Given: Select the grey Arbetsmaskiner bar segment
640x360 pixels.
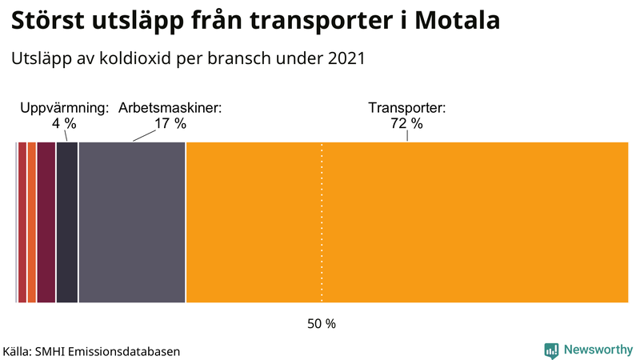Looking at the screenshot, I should coord(132,222).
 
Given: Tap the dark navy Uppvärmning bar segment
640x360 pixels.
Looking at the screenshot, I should coord(67,222).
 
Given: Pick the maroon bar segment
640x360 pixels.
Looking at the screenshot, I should coord(46,222).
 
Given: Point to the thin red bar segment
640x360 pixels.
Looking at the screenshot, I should coord(22,222).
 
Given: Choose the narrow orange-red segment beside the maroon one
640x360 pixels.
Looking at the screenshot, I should coord(32,222).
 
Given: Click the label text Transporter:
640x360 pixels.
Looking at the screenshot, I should coord(406,108).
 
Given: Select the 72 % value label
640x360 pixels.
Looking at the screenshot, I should coord(406,124).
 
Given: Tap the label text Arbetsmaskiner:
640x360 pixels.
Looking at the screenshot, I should coord(170,108).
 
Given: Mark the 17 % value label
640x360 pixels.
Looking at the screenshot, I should coord(170,124).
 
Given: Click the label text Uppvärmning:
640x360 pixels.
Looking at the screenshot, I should coord(63,108).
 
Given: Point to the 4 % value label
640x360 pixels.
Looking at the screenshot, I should coord(63,124).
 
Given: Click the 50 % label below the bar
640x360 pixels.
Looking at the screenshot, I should coord(322,324).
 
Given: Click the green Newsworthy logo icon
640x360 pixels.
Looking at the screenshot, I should coord(551,350).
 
